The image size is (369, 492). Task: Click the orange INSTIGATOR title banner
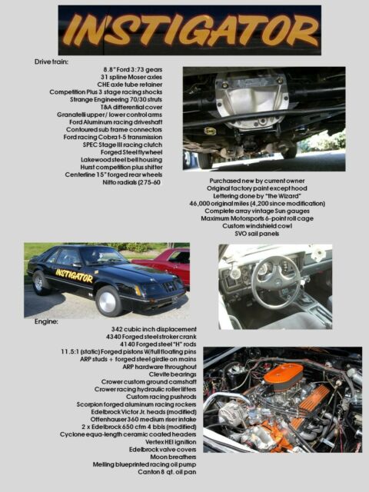click(x=190, y=31)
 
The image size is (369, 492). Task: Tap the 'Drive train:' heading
click(x=52, y=60)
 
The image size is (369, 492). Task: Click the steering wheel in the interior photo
click(x=275, y=282)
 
